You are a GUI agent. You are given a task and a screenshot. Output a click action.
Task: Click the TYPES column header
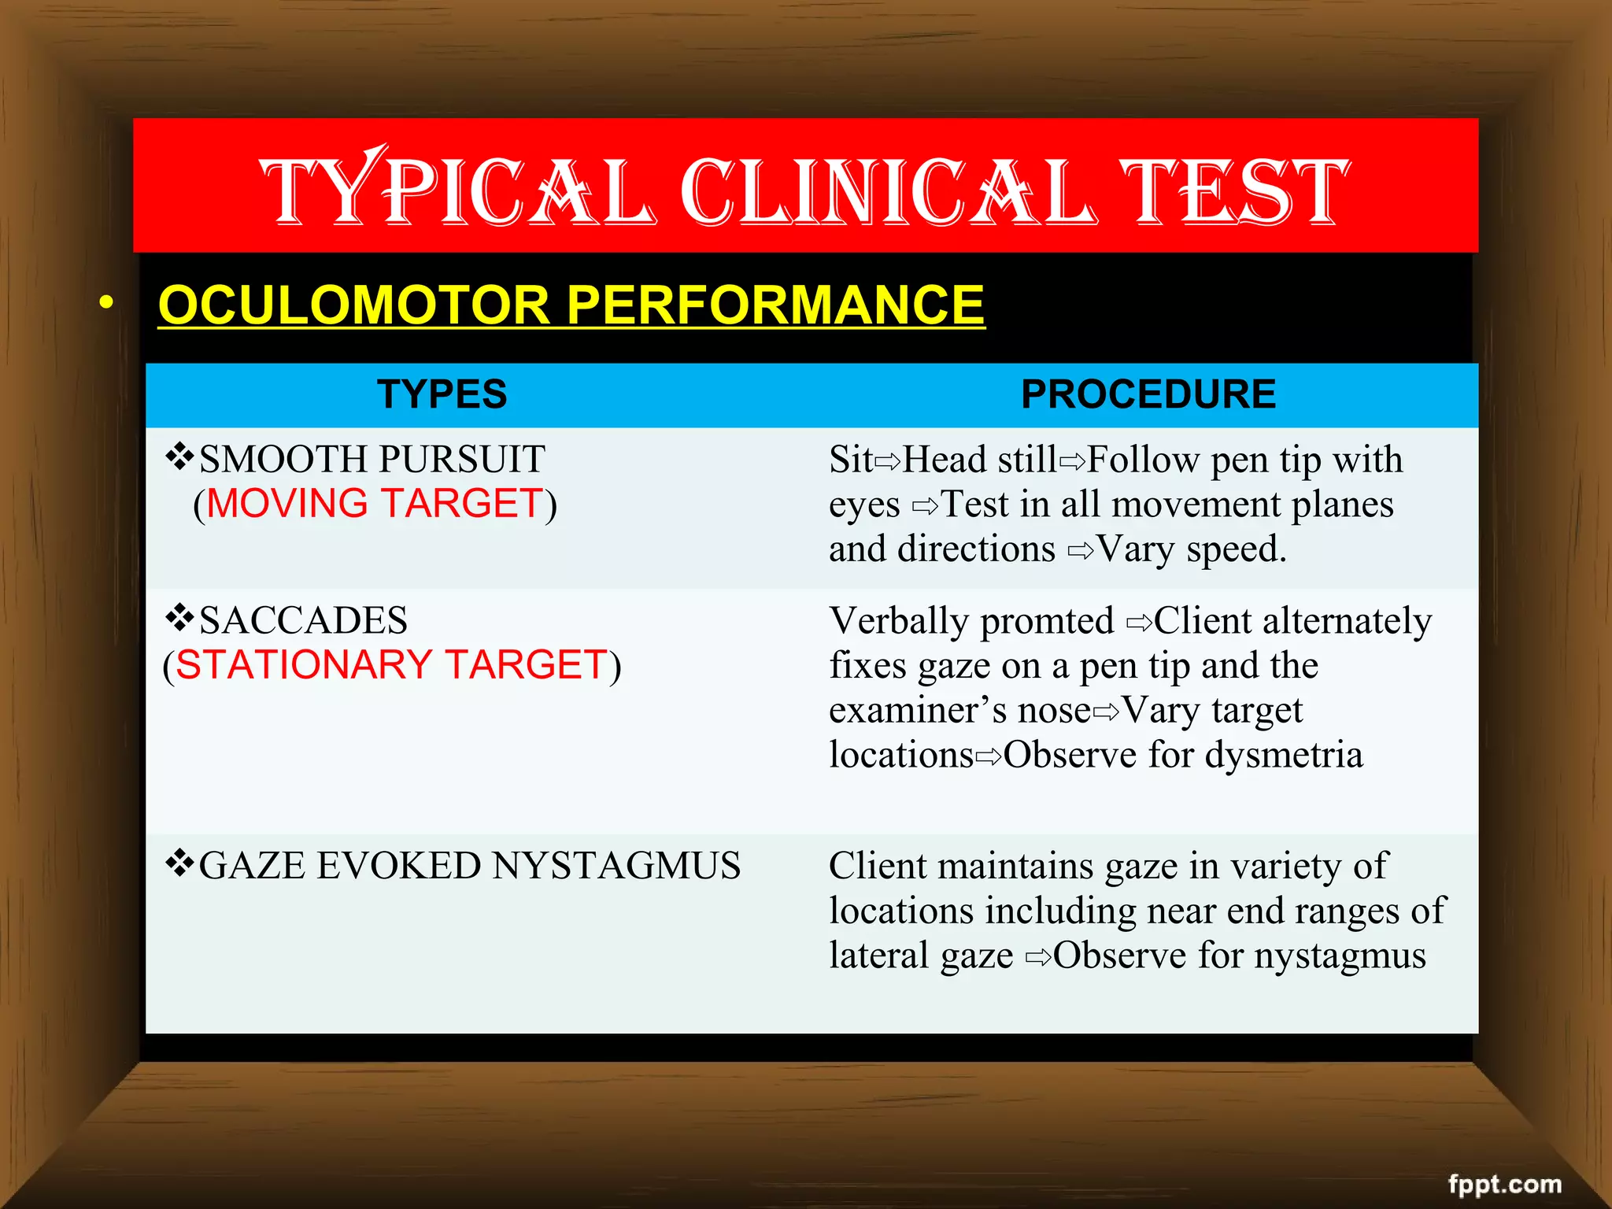[442, 394]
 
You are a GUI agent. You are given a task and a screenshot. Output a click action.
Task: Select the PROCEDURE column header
[1148, 394]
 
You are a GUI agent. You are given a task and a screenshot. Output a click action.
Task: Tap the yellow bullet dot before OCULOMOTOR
[106, 302]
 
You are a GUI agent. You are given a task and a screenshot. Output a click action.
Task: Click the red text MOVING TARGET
[375, 504]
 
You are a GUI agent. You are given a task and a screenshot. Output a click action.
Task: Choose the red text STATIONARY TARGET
[391, 665]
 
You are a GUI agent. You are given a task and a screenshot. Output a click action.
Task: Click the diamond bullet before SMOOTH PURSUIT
[179, 457]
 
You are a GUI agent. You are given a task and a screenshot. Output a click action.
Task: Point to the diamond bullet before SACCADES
[179, 618]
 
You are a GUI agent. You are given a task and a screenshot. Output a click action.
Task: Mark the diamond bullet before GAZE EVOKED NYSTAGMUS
[179, 863]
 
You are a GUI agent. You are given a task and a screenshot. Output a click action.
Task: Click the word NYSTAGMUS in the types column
[616, 866]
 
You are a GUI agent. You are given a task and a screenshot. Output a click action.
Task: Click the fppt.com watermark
[1504, 1184]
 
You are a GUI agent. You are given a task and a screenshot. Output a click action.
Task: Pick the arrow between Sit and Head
[887, 461]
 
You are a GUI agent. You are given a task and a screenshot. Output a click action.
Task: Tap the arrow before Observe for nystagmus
[1038, 957]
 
